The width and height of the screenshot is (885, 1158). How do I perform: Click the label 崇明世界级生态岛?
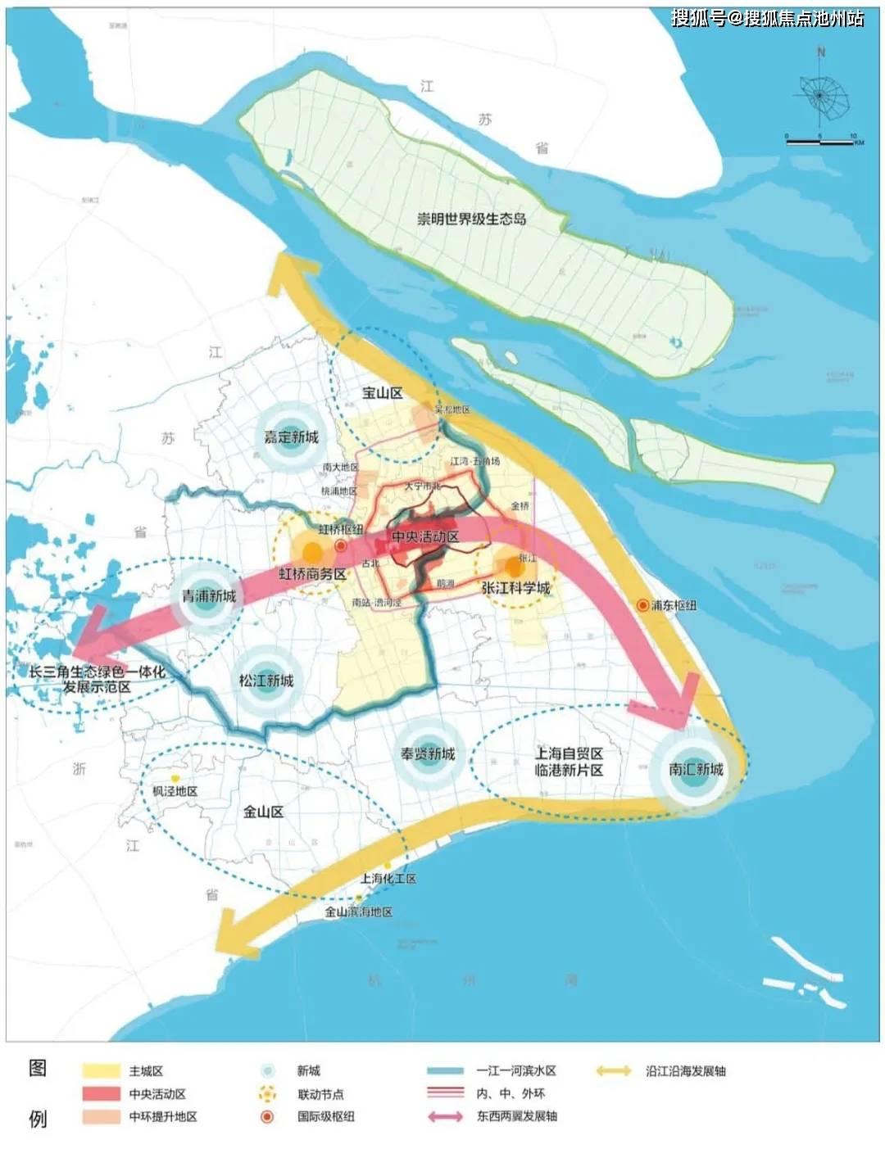(x=471, y=219)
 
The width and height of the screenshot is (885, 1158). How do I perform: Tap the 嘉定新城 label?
(x=291, y=437)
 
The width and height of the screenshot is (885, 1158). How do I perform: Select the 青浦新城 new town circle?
(x=208, y=595)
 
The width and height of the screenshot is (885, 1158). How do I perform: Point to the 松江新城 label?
(x=266, y=681)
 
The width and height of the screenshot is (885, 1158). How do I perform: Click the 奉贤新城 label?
(x=427, y=753)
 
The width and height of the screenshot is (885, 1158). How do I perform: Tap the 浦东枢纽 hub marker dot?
(x=643, y=605)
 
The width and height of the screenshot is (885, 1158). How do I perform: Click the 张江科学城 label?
(x=515, y=588)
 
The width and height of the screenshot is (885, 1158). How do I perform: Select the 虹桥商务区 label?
(x=311, y=574)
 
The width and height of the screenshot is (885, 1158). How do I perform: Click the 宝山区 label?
(x=382, y=393)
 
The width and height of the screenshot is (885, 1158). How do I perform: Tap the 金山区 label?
(x=263, y=812)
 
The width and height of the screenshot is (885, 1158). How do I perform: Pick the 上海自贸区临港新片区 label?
(x=569, y=762)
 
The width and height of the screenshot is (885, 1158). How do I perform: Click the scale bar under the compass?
(x=819, y=142)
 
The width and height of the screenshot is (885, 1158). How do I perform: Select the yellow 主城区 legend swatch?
(x=102, y=1070)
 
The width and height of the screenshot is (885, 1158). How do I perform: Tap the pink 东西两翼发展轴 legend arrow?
(x=445, y=1116)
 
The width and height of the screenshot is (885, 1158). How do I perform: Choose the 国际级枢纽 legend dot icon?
(x=267, y=1116)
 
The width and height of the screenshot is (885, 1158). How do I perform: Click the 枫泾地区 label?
(x=175, y=791)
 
